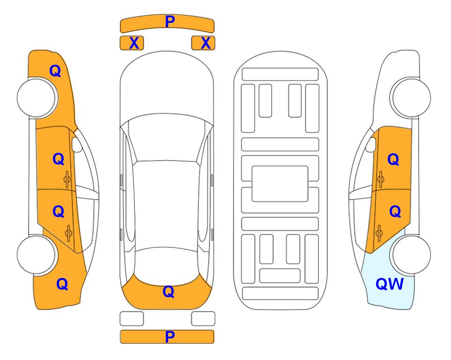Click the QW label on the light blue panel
click(x=390, y=284)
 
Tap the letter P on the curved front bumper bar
click(x=170, y=22)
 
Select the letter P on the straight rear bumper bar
click(x=170, y=337)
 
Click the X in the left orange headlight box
click(x=134, y=43)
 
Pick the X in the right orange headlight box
click(x=206, y=43)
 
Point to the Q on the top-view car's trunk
click(x=169, y=292)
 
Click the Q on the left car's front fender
click(x=55, y=71)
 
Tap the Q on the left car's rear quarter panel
click(x=62, y=284)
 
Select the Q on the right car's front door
click(x=393, y=159)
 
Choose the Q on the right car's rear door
click(x=395, y=212)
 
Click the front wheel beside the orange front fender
click(x=37, y=98)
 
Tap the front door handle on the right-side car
click(x=380, y=179)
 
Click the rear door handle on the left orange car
click(x=69, y=233)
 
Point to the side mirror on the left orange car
click(x=77, y=144)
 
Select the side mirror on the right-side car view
click(x=371, y=144)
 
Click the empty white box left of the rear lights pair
click(x=132, y=319)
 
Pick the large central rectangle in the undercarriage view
click(x=280, y=184)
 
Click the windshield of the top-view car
click(x=166, y=138)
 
